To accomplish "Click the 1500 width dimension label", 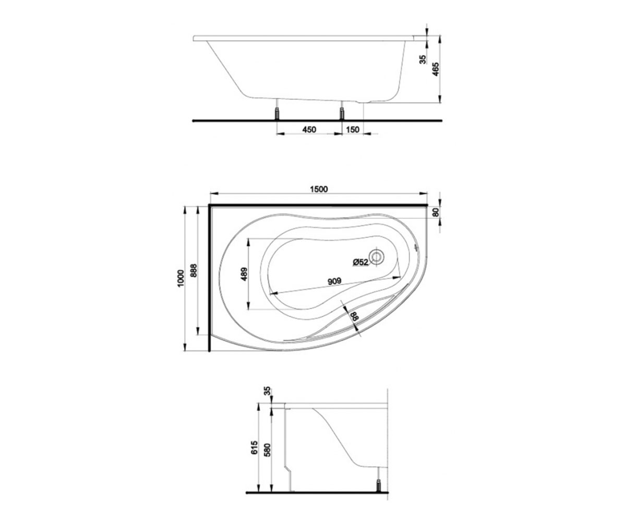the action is pos(319,189).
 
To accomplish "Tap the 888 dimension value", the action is pos(194,270).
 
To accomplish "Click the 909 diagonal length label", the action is pos(334,281).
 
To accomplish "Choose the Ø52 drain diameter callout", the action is pos(360,262).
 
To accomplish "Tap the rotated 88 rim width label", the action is pos(355,317).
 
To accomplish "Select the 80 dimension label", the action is pos(436,212).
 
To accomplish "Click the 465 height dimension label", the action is pos(436,69).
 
